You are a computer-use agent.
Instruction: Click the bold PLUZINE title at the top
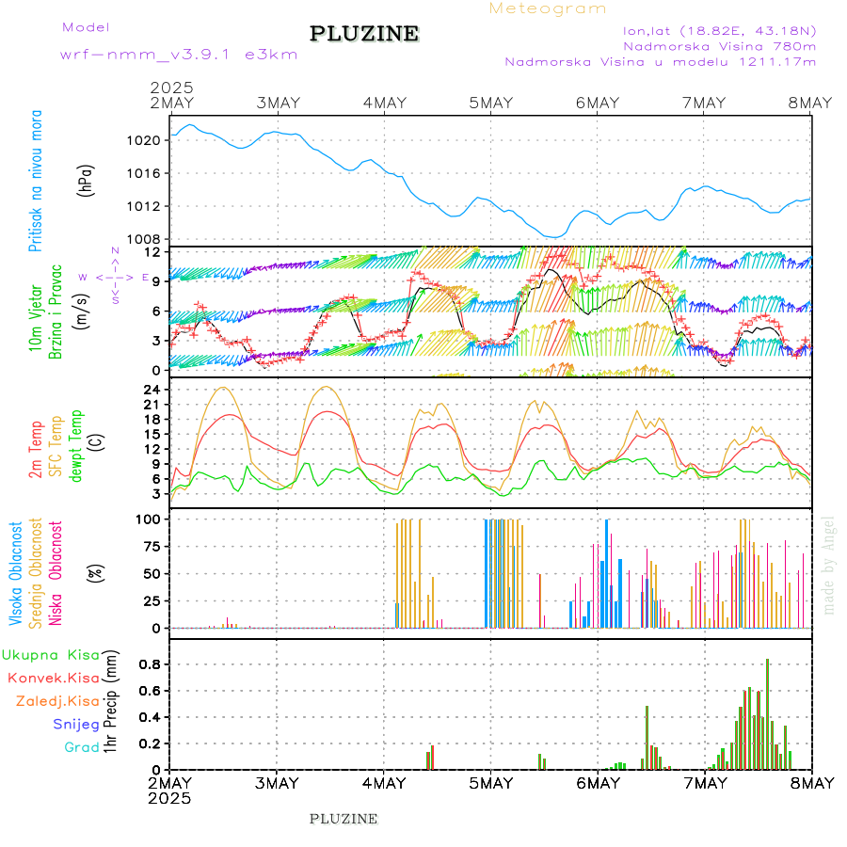[x=364, y=34]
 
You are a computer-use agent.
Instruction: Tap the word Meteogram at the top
[x=548, y=8]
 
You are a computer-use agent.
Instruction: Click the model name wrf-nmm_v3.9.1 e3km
[x=179, y=54]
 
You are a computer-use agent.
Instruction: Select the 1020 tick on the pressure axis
[x=152, y=140]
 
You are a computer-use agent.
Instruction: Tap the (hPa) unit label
[x=87, y=180]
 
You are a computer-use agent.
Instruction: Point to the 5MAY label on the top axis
[x=490, y=103]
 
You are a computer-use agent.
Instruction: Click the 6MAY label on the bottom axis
[x=597, y=783]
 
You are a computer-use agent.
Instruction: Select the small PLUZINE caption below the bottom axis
[x=344, y=819]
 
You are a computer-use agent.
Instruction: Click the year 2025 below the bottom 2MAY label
[x=169, y=798]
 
